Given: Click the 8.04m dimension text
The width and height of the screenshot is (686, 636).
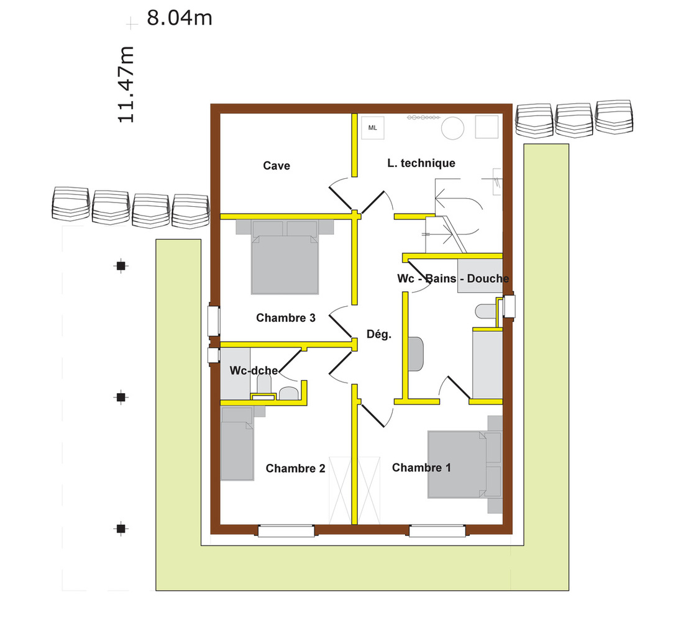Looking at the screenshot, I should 180,18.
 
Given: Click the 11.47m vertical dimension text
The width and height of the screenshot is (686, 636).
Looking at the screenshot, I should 126,84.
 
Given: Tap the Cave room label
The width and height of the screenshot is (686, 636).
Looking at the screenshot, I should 277,165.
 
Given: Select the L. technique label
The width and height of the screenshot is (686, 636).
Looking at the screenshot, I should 421,163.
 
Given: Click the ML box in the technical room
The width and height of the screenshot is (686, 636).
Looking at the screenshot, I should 373,128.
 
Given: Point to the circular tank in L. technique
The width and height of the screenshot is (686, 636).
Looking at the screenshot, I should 452,129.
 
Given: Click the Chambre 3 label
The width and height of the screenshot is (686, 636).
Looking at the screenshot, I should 286,318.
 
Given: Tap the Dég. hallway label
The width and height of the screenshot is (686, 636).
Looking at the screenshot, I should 378,334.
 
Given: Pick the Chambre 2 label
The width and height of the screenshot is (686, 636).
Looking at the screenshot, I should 295,468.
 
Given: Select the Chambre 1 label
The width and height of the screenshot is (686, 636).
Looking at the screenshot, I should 421,468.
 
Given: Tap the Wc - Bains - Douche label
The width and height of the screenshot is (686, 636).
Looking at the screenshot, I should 453,279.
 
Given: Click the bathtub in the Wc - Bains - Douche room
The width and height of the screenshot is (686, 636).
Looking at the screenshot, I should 487,363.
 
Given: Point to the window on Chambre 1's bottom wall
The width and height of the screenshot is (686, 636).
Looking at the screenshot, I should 437,531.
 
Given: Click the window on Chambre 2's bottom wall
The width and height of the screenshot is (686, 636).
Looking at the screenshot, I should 286,531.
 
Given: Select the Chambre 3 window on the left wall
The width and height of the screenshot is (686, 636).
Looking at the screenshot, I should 213,320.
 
